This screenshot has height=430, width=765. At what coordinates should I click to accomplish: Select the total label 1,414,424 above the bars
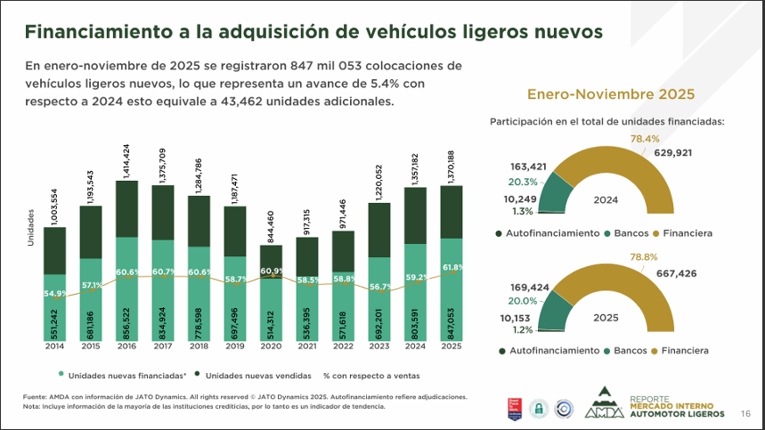click(126, 160)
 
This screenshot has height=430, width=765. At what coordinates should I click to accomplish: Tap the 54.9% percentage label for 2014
click(55, 293)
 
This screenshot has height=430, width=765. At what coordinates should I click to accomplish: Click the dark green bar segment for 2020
click(271, 256)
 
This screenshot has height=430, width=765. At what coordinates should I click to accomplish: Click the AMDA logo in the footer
click(606, 405)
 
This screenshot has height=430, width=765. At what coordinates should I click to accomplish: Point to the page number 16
click(745, 413)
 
